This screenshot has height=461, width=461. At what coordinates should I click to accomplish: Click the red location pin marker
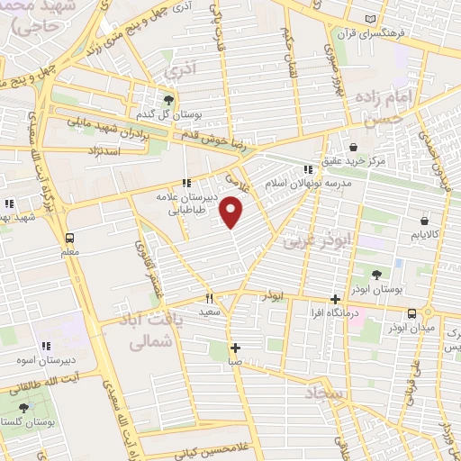tap(232, 211)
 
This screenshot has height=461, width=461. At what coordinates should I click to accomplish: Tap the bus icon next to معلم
tap(69, 238)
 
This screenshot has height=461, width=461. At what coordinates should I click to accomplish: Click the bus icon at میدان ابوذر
tap(411, 312)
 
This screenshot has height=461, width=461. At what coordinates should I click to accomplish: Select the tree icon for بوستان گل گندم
tap(168, 99)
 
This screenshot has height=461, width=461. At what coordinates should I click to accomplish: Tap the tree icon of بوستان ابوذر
tap(376, 275)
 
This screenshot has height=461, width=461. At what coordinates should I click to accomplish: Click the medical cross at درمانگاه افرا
tap(335, 299)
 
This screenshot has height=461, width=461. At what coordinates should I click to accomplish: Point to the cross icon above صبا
tap(235, 348)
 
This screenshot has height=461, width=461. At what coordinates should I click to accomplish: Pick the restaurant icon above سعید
tap(209, 298)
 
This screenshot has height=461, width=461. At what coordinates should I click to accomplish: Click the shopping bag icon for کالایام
tap(422, 219)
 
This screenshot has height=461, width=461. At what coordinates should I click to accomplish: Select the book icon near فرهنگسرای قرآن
tap(371, 18)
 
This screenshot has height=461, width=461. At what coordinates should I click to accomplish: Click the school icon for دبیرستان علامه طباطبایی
tap(185, 184)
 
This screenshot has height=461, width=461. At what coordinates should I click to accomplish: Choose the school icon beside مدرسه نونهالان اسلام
tap(308, 168)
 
